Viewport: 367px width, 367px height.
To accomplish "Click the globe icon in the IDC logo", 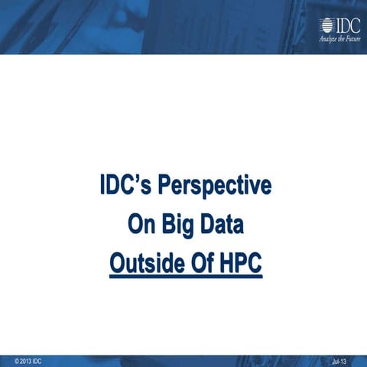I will tap(326, 25).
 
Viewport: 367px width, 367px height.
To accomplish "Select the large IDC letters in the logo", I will tap(346, 24).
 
